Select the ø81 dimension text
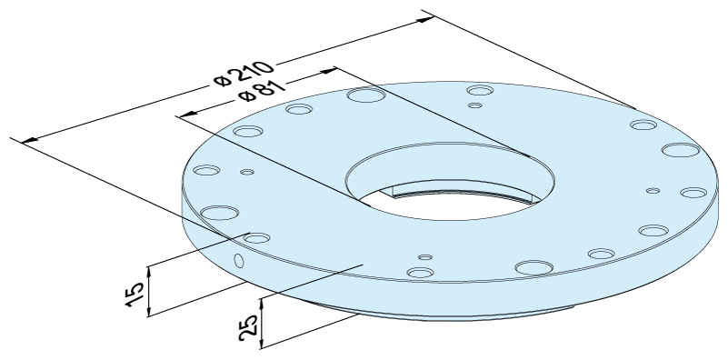(x=262, y=90)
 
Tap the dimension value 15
(x=135, y=293)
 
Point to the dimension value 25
(x=248, y=327)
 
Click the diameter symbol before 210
(x=223, y=80)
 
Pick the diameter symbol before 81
(x=246, y=95)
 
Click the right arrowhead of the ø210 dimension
(x=425, y=19)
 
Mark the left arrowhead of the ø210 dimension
(x=31, y=139)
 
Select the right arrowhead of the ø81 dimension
(x=328, y=71)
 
